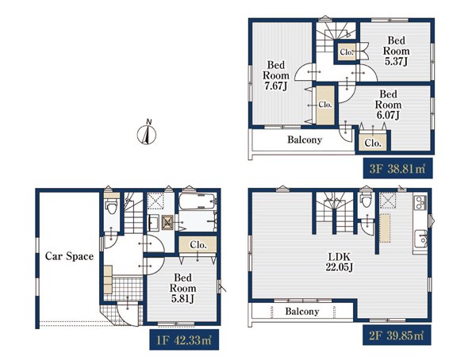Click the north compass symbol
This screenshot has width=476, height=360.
coord(147,132)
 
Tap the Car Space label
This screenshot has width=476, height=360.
coord(69,256)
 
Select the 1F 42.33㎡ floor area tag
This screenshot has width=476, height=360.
coord(184,339)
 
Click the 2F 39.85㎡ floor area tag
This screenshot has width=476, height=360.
coord(397,335)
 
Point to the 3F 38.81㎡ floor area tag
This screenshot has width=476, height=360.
coord(397,168)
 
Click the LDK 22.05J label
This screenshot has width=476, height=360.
coord(339,262)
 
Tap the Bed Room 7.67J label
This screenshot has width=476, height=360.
coord(276,75)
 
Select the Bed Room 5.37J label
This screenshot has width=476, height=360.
coord(396,51)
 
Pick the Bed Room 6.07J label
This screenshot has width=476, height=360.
coord(388,105)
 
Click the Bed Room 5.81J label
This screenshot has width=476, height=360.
coord(182,288)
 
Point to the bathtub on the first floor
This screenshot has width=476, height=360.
coord(198,201)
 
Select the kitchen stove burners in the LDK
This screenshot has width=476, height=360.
coord(420,202)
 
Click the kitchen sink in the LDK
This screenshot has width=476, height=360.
coord(421,239)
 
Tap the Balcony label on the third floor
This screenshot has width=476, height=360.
coord(305,140)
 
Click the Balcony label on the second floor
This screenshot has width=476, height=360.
coord(302,312)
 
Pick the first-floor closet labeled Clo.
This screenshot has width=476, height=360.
coord(198,244)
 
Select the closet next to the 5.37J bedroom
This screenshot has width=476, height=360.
coord(347,52)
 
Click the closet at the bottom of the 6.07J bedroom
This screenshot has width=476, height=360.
coord(373,141)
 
